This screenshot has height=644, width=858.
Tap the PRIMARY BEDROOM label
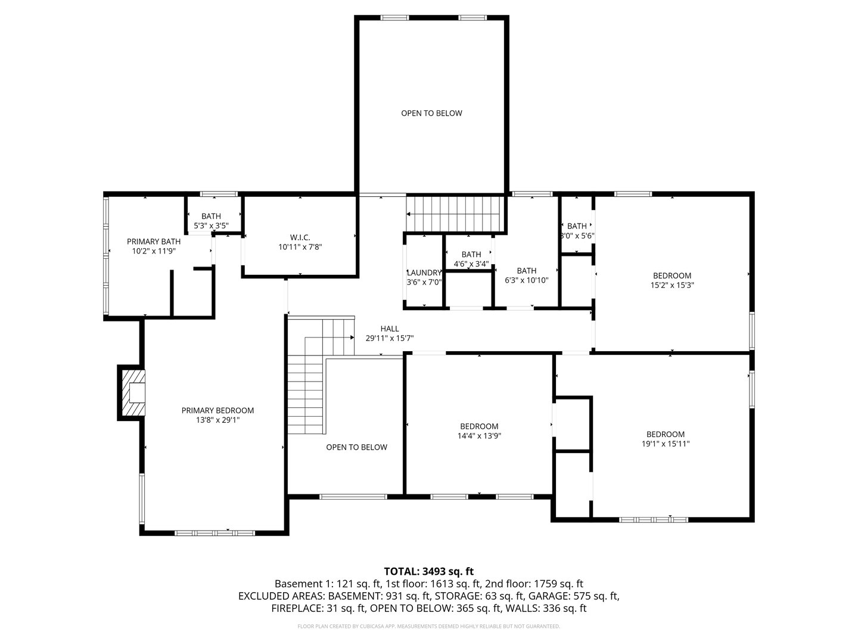tap(217, 410)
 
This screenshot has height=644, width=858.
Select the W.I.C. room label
tap(300, 237)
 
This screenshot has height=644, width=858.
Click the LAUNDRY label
tap(424, 273)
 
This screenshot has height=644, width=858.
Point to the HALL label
tap(390, 329)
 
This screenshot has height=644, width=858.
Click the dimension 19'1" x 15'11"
tap(666, 444)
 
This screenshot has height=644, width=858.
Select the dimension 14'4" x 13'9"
tap(479, 436)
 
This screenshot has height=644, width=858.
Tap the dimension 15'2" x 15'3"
tap(672, 285)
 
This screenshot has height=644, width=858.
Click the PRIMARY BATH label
tap(154, 241)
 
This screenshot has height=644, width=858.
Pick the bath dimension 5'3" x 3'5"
tap(211, 226)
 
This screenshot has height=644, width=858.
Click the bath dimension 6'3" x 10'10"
tap(526, 280)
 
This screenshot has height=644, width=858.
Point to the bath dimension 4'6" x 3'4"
tap(471, 264)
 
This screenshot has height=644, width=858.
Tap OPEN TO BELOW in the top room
tap(431, 113)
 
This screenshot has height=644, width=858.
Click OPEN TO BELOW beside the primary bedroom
tap(356, 447)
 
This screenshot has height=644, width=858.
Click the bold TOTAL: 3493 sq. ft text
tap(428, 571)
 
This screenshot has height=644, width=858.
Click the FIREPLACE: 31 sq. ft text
tap(317, 608)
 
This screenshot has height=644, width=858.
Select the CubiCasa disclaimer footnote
tap(428, 627)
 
